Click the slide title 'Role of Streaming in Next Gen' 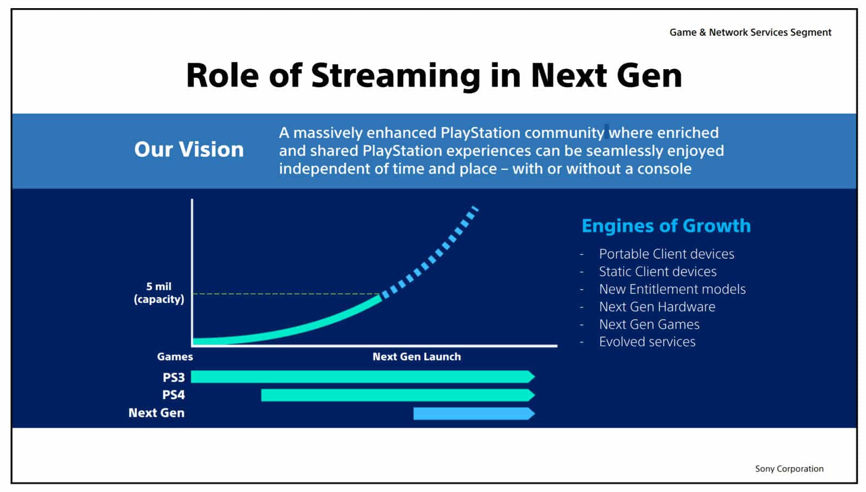(x=434, y=76)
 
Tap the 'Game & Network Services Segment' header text (x=750, y=32)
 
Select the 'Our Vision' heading (x=189, y=149)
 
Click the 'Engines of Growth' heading (x=666, y=226)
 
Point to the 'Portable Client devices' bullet (x=666, y=254)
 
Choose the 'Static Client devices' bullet (x=658, y=271)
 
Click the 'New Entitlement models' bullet (x=672, y=289)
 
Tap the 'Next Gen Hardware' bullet (x=657, y=307)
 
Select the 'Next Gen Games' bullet (x=649, y=324)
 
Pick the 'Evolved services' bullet (x=647, y=342)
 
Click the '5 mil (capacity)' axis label (x=159, y=292)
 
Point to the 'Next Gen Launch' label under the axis (x=417, y=356)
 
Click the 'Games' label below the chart (x=175, y=356)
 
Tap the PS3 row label (x=174, y=377)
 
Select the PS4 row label (x=174, y=395)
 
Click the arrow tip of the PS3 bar (x=535, y=376)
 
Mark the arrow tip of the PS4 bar (x=535, y=395)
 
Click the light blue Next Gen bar (x=474, y=414)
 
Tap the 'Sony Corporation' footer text (x=789, y=469)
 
